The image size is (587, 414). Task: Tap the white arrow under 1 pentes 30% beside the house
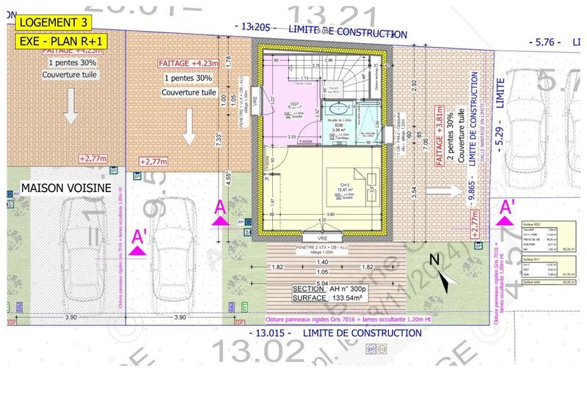(x=188, y=129)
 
